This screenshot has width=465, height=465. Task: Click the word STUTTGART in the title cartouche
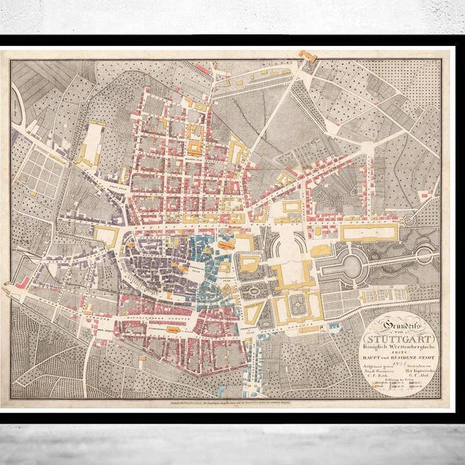(398, 338)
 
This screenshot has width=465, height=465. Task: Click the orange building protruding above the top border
(307, 56)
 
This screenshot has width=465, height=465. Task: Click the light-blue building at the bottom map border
(222, 391)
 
